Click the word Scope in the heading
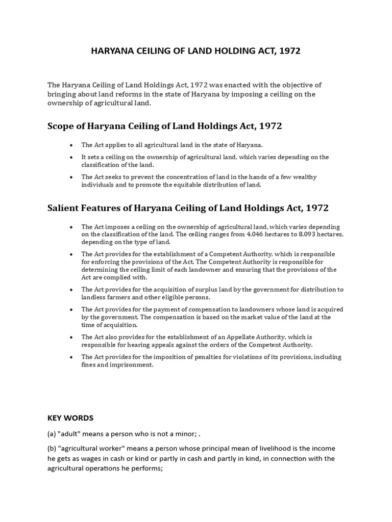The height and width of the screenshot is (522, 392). coord(61,125)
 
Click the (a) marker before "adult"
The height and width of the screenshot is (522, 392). coord(52,434)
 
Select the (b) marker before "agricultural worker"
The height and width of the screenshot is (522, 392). coord(52,448)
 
